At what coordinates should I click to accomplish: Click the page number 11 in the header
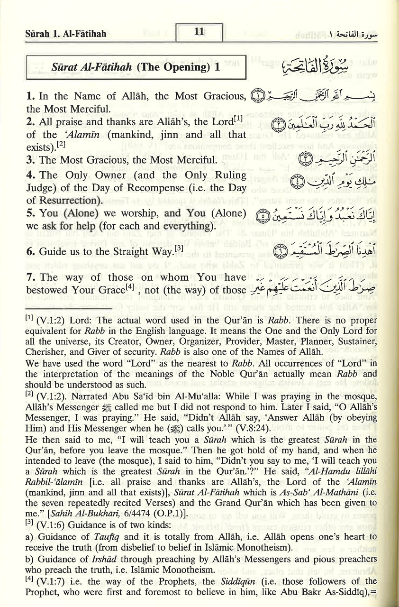click(x=199, y=32)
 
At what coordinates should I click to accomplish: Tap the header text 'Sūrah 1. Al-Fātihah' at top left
click(x=66, y=34)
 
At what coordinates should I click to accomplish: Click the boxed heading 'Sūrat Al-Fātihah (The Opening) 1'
click(x=136, y=67)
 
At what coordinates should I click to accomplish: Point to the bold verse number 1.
click(x=29, y=96)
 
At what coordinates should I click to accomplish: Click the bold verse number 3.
click(x=29, y=159)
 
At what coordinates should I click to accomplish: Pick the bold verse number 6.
click(x=30, y=252)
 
